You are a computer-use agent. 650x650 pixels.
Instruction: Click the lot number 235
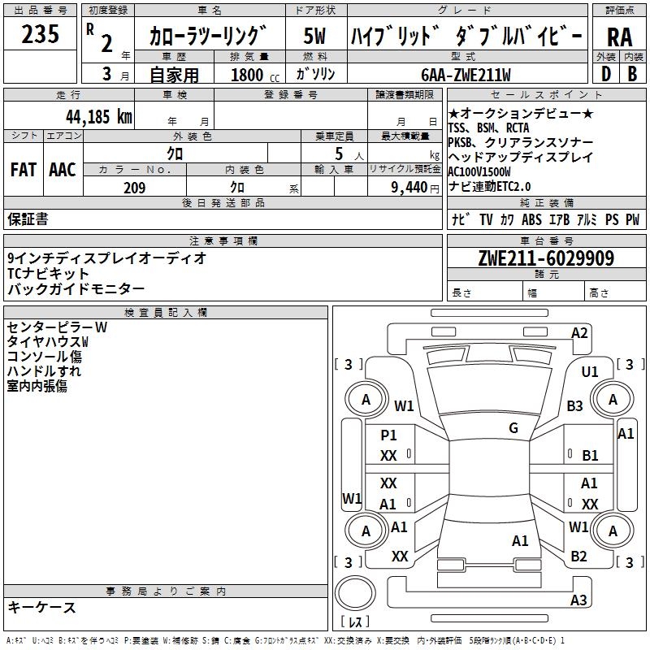coord(41,35)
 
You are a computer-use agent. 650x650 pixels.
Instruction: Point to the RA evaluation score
coord(619,37)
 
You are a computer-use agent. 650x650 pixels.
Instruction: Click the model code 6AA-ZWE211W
coord(466,75)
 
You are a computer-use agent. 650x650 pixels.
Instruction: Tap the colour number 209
coord(134,188)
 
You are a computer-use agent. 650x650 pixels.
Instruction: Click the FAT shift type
coord(23,170)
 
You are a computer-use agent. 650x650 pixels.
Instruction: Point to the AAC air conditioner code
coord(62,170)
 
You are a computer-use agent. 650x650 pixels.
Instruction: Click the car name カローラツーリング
coord(209,37)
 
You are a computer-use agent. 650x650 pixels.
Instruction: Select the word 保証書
coord(28,219)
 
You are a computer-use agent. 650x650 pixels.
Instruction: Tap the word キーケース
coord(41,607)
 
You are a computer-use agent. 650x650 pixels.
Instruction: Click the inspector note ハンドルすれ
coord(44,371)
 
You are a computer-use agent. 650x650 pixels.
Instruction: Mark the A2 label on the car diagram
coord(579,332)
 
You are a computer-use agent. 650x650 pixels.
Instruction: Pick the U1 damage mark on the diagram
coord(590,371)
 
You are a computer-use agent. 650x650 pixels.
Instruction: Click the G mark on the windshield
coord(513,428)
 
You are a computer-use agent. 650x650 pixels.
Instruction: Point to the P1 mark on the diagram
coord(388,435)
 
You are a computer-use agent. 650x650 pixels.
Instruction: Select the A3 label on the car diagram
coord(578,600)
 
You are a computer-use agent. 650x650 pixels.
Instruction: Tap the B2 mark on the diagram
coord(578,557)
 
